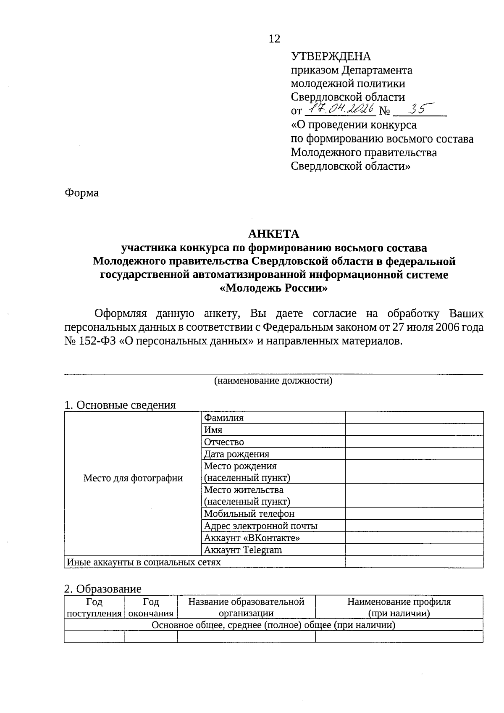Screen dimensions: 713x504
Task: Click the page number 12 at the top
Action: pyautogui.click(x=274, y=39)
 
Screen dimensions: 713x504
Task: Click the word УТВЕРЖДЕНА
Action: pyautogui.click(x=331, y=57)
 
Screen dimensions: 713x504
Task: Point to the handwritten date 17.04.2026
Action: pyautogui.click(x=339, y=110)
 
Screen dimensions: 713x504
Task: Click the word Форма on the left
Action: pyautogui.click(x=81, y=193)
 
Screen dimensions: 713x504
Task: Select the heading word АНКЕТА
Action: pyautogui.click(x=273, y=234)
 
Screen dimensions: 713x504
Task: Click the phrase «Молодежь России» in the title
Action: pyautogui.click(x=273, y=289)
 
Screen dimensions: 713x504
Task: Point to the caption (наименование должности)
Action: pyautogui.click(x=273, y=381)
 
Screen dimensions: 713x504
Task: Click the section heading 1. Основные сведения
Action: pyautogui.click(x=120, y=405)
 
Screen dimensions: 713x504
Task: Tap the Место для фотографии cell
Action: pyautogui.click(x=133, y=478)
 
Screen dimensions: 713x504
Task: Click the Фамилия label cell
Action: pyautogui.click(x=224, y=418)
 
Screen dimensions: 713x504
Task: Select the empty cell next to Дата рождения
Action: pyautogui.click(x=414, y=454)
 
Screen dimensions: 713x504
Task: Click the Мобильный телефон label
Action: pyautogui.click(x=249, y=513)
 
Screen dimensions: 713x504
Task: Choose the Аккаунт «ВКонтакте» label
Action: pyautogui.click(x=252, y=538)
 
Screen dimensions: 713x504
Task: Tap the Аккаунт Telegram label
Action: pyautogui.click(x=243, y=550)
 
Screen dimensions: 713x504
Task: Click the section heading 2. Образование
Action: pyautogui.click(x=102, y=589)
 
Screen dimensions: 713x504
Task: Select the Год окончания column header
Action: pyautogui.click(x=151, y=608)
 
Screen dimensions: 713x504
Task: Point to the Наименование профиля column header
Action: pyautogui.click(x=399, y=608)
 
